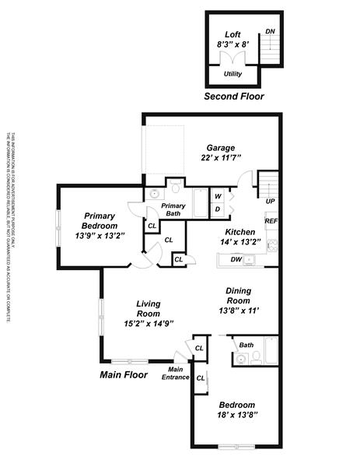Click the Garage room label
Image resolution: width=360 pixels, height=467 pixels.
(220, 148)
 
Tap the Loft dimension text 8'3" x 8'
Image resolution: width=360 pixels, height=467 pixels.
(232, 45)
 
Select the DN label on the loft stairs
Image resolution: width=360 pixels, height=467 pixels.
(270, 32)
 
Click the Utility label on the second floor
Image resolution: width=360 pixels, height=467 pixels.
(232, 74)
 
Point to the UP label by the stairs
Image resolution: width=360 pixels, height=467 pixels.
(270, 202)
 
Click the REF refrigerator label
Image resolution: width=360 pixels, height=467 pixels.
(271, 222)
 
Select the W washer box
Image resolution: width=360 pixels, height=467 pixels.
(218, 196)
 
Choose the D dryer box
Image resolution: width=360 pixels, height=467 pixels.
(218, 209)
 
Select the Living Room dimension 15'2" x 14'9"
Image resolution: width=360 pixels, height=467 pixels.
(148, 323)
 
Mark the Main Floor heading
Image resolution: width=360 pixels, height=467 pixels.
(124, 375)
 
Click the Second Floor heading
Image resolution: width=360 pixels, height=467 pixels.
(233, 97)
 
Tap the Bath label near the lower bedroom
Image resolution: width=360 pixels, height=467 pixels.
(246, 345)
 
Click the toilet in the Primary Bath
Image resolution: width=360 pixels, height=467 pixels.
(176, 188)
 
